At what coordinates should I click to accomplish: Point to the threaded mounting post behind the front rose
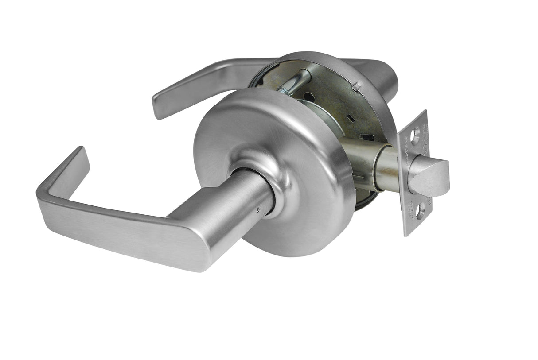[295, 82]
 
